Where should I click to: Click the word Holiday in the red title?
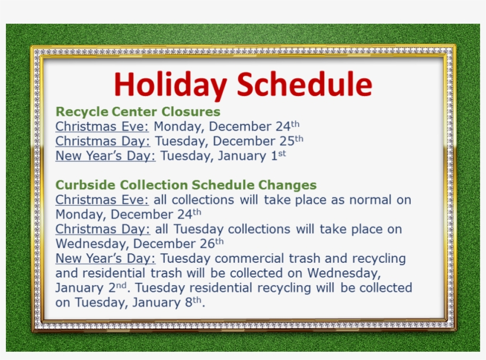tap(170, 84)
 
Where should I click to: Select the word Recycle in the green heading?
tap(82, 112)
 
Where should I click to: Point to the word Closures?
tap(191, 112)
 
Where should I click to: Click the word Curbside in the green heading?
tap(85, 185)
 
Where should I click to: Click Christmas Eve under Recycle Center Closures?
tap(103, 126)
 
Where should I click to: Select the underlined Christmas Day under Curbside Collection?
tap(103, 229)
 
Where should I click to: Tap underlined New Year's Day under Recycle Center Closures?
tap(105, 155)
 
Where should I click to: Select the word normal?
tap(370, 200)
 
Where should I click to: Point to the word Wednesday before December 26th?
tap(92, 244)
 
